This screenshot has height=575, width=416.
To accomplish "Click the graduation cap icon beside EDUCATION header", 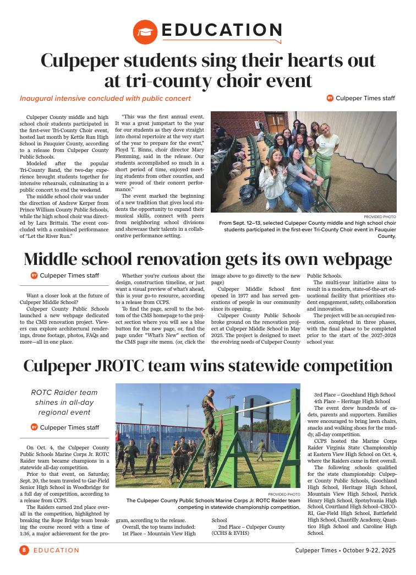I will (145, 32).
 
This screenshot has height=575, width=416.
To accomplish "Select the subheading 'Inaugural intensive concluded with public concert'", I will (105, 99).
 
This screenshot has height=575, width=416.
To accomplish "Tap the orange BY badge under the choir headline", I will (330, 98).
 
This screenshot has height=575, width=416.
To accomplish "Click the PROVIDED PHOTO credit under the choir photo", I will (380, 216).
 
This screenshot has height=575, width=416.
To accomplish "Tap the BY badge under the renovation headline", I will (34, 275).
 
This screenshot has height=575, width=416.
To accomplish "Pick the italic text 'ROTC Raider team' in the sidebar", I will (64, 392).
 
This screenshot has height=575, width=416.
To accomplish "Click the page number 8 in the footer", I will (24, 550).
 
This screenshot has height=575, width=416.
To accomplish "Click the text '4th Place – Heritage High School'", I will (352, 402).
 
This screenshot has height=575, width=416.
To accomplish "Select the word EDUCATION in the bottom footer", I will (56, 550).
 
